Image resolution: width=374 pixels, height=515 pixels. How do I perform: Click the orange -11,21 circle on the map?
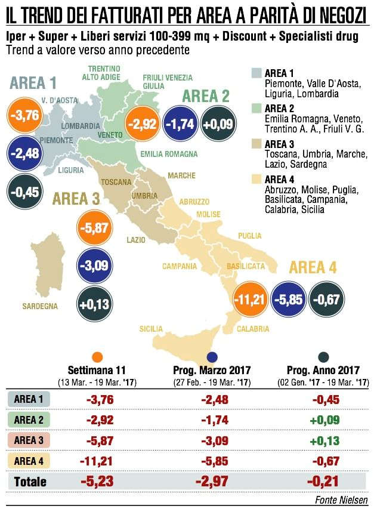click(x=250, y=299)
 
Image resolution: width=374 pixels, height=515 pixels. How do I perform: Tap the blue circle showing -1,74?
click(x=180, y=124)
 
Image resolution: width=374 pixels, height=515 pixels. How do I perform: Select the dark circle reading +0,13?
click(x=95, y=304)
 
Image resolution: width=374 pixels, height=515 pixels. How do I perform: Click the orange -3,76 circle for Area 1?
click(x=25, y=115)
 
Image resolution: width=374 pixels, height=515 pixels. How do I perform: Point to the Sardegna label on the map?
click(x=40, y=306)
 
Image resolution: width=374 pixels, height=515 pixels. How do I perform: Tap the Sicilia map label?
click(x=151, y=329)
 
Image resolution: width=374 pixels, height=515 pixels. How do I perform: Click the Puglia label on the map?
click(x=250, y=236)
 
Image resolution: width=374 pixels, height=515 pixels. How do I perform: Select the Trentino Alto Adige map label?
click(x=101, y=73)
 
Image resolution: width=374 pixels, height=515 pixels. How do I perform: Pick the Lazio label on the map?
click(x=136, y=240)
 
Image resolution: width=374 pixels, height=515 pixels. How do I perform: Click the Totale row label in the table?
click(x=30, y=482)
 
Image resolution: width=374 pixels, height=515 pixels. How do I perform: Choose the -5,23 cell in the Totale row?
click(x=97, y=482)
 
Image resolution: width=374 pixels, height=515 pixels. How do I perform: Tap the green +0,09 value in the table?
click(x=324, y=420)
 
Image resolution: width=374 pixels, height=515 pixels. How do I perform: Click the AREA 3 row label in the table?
click(x=29, y=440)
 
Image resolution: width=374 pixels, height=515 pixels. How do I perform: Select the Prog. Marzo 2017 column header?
click(x=212, y=370)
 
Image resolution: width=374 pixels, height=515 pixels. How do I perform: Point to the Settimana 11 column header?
click(x=97, y=370)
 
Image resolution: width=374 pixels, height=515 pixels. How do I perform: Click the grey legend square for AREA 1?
click(x=256, y=73)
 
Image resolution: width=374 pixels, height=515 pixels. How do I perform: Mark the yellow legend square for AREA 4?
click(x=256, y=179)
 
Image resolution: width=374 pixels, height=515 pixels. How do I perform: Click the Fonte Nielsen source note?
click(x=341, y=499)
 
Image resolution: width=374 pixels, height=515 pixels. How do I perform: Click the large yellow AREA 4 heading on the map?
click(x=313, y=267)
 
